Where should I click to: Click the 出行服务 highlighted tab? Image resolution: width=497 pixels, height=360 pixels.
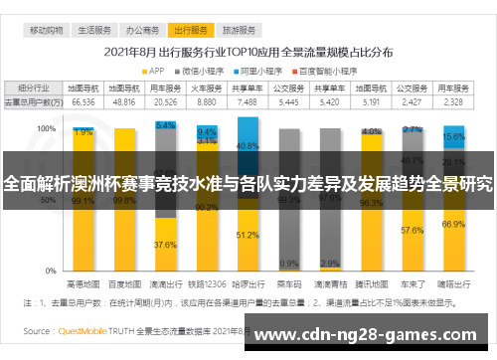(x=188, y=31)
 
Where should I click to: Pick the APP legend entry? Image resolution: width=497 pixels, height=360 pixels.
(x=155, y=70)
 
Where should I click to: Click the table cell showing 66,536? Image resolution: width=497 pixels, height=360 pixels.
(x=83, y=101)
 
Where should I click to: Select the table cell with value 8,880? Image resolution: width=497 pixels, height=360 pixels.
(x=207, y=101)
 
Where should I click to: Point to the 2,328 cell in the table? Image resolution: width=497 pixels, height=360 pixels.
(x=453, y=101)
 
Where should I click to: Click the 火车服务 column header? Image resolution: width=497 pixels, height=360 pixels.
(x=207, y=89)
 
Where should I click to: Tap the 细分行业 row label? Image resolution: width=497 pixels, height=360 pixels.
(x=31, y=89)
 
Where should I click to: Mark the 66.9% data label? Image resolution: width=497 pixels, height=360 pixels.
(x=453, y=224)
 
